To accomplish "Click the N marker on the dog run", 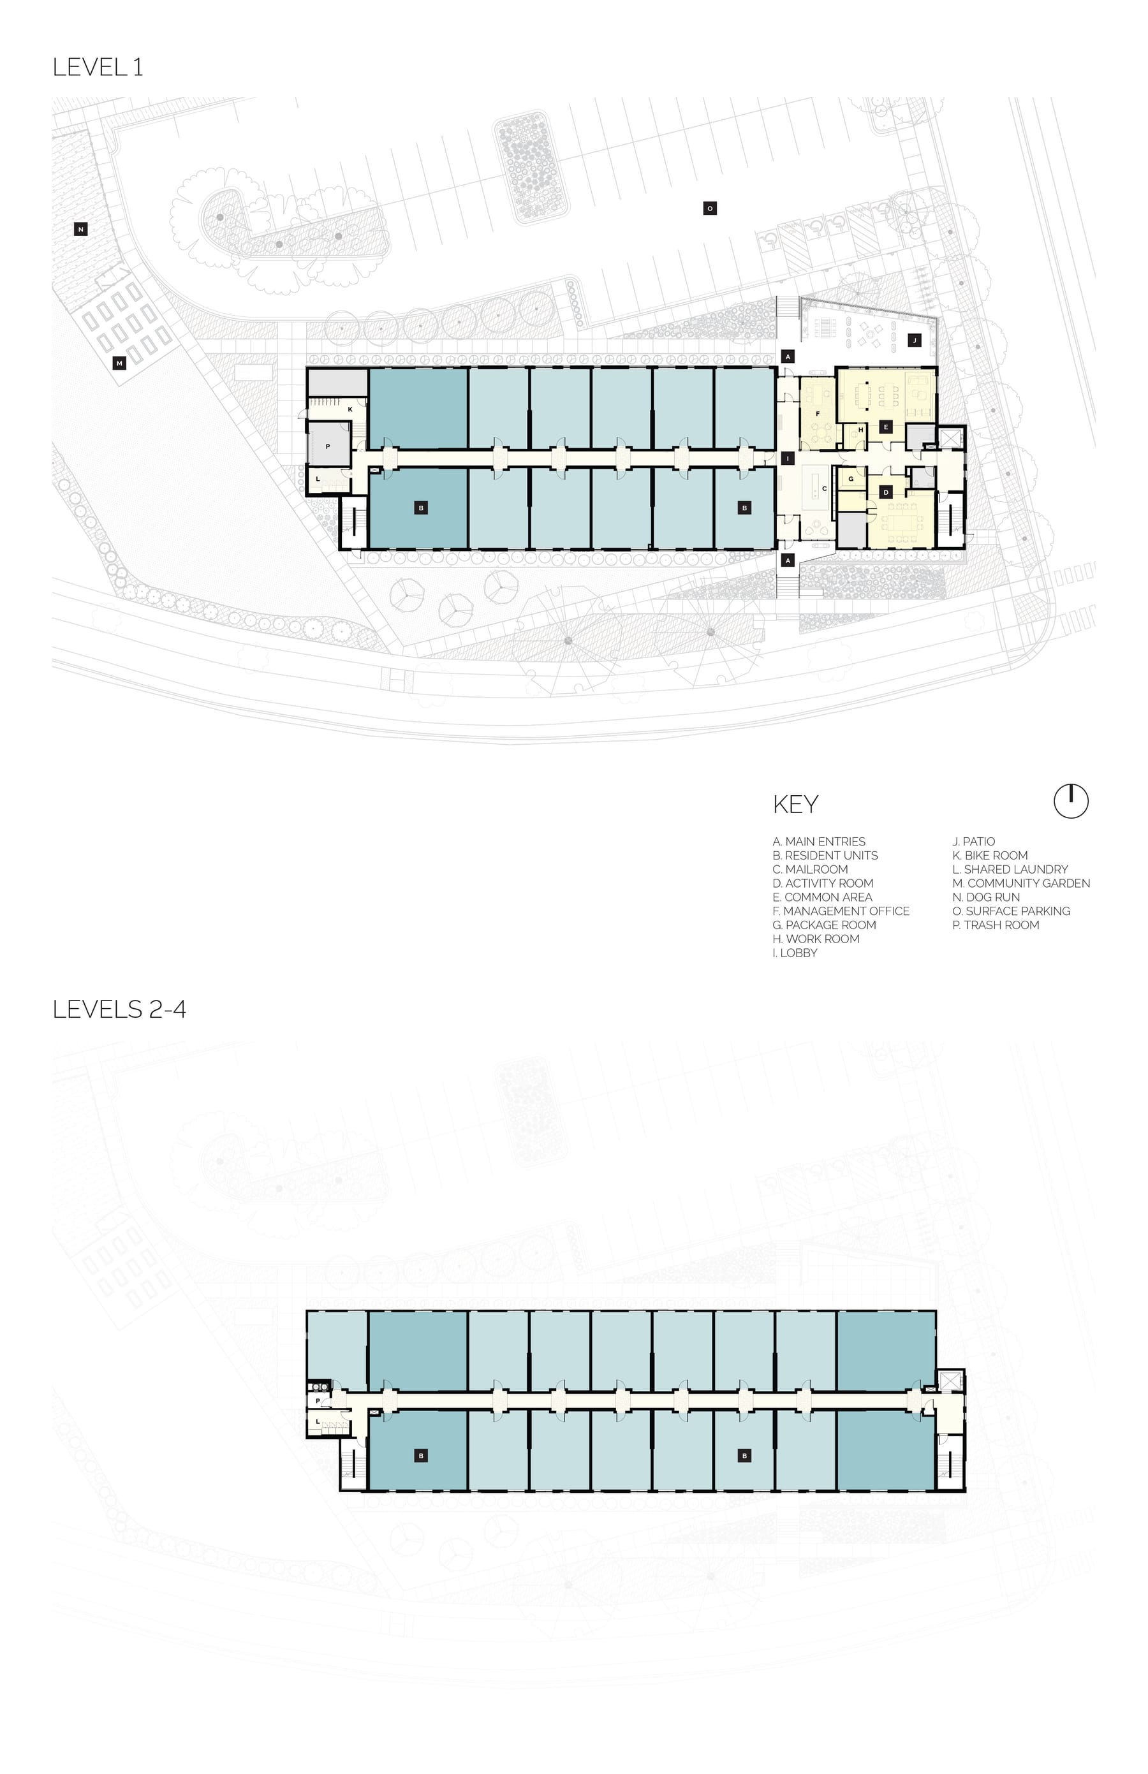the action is pos(81,230).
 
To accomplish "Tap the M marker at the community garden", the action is pos(119,363).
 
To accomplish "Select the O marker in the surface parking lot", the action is pos(710,209).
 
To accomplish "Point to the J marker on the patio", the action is pos(915,340).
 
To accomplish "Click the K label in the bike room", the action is pos(350,409).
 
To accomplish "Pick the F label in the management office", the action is pos(818,413).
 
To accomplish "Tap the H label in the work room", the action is pos(861,429).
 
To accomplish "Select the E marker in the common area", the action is pos(886,427).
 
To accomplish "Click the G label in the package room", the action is pos(851,480).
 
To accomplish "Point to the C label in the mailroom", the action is pos(824,489).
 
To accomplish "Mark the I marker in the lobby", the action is pos(788,459).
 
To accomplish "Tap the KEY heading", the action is pos(795,804).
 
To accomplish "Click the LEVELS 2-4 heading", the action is pos(119,1009).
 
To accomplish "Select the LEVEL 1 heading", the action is pos(98,67).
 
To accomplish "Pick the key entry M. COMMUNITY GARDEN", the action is pos(1021,883).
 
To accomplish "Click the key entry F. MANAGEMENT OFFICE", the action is pos(841,911).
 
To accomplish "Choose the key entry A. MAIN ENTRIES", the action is pos(820,842).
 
